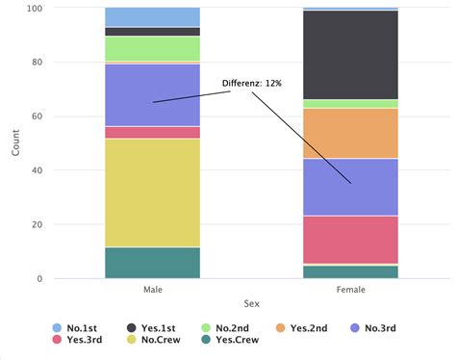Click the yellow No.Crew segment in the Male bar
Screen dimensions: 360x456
(152, 193)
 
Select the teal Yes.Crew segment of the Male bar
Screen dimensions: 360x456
(152, 262)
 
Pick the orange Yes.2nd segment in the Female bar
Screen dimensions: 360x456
(350, 133)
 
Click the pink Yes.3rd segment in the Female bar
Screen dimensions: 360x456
(350, 239)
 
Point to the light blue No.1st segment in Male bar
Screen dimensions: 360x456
(152, 16)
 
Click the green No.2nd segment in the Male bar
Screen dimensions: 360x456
(152, 48)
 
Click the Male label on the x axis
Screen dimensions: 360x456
(152, 288)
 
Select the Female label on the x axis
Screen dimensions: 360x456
(350, 288)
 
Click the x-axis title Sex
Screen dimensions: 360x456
(251, 303)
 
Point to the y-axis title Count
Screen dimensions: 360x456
(14, 142)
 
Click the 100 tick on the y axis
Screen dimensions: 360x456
(35, 9)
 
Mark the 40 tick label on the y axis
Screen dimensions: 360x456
(38, 170)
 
